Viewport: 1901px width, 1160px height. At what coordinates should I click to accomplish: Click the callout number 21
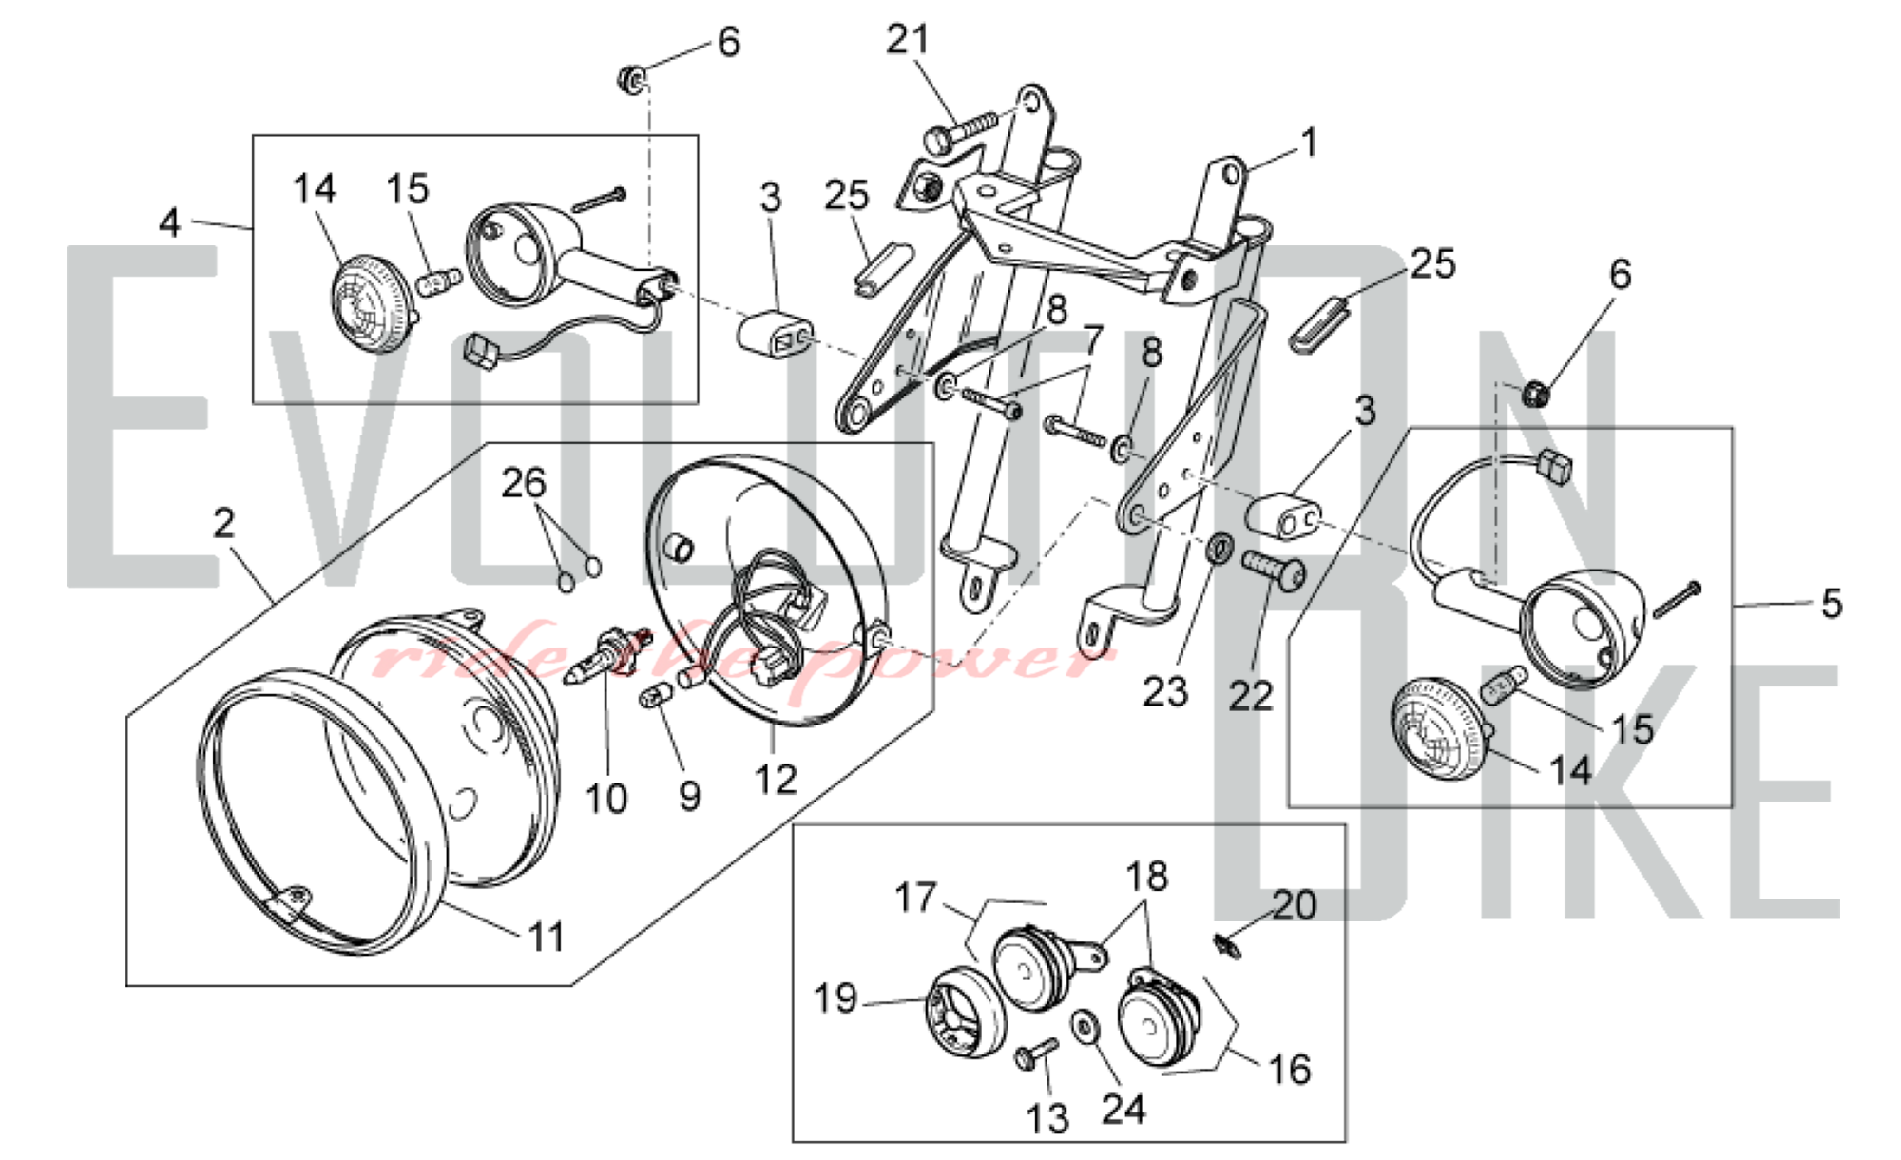[907, 40]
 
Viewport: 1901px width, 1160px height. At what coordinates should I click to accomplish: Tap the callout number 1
[1310, 144]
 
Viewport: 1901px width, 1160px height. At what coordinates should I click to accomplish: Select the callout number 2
[223, 524]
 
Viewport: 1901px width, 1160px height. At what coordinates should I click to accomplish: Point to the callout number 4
[169, 223]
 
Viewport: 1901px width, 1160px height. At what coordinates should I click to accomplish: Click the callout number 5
[1832, 604]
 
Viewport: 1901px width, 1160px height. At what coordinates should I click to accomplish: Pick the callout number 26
[524, 484]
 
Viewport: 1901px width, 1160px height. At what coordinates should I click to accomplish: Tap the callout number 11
[546, 938]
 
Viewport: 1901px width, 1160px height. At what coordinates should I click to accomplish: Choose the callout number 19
[835, 998]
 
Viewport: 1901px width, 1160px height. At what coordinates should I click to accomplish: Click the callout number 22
[1250, 697]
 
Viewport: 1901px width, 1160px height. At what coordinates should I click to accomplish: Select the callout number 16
[1290, 1070]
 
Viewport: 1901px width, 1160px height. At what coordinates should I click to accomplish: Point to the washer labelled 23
[1219, 548]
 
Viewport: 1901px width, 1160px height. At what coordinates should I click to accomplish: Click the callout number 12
[775, 780]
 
